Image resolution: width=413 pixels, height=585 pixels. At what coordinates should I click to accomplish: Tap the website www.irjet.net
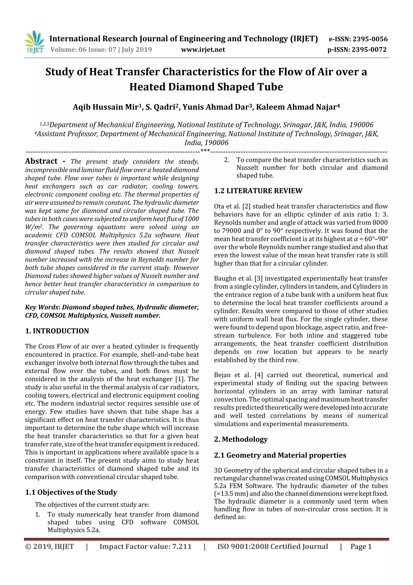[x=203, y=49]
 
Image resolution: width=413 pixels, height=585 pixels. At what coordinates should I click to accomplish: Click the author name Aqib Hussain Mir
[x=105, y=107]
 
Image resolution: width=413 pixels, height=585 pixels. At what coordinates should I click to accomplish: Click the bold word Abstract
[x=41, y=161]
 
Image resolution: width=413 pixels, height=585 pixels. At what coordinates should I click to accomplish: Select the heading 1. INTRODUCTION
[x=57, y=331]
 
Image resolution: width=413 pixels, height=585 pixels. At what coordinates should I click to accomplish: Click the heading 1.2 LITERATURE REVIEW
[x=258, y=191]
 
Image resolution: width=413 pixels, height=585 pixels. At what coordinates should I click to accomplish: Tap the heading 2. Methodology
[x=241, y=439]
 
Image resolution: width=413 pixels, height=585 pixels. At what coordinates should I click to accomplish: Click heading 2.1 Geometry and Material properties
[x=280, y=455]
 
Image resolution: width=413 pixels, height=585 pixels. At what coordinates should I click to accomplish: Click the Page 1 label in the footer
[x=361, y=546]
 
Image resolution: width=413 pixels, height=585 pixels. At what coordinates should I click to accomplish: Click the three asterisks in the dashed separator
[x=205, y=151]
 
